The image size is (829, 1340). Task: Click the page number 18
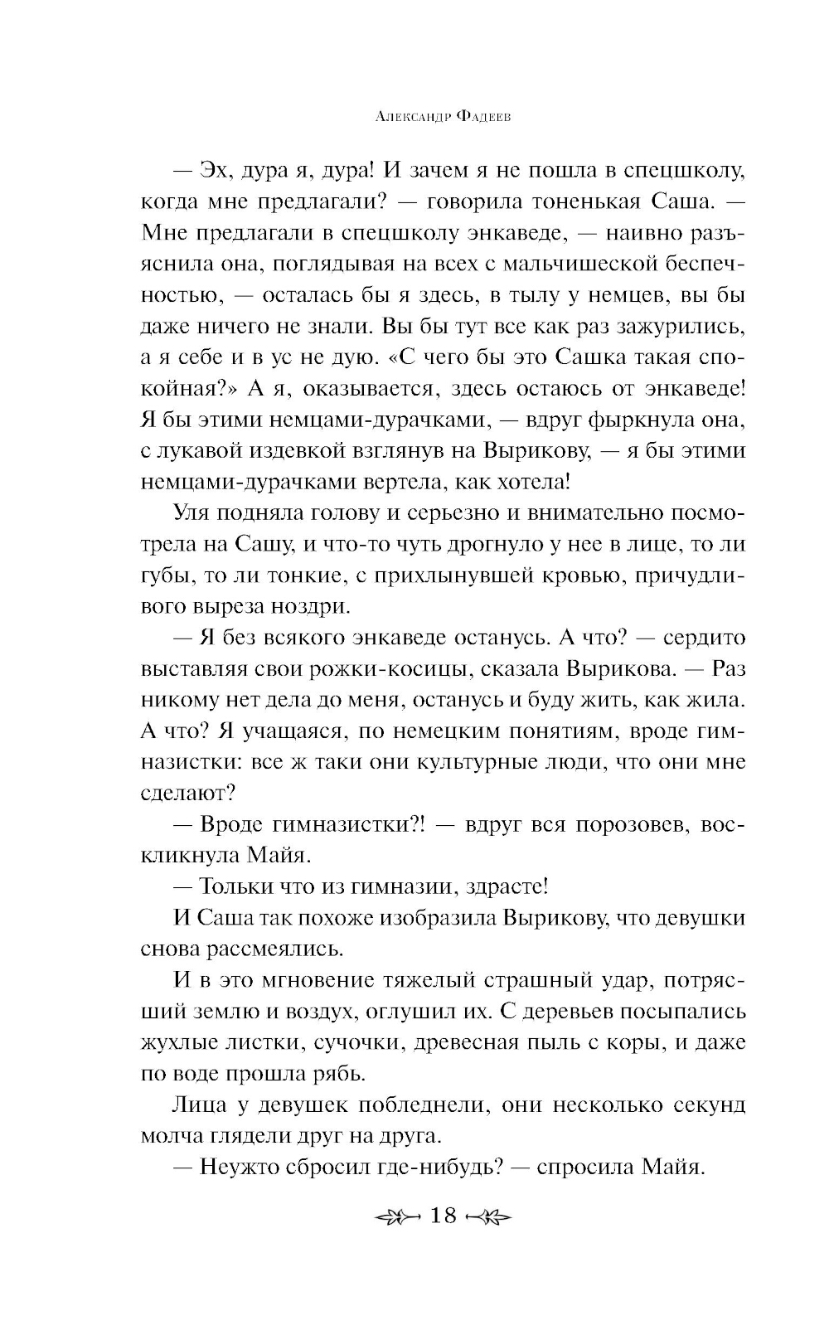coord(444,1216)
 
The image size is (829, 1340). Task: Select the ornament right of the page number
coord(490,1216)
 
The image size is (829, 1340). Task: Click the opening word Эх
coord(216,171)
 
